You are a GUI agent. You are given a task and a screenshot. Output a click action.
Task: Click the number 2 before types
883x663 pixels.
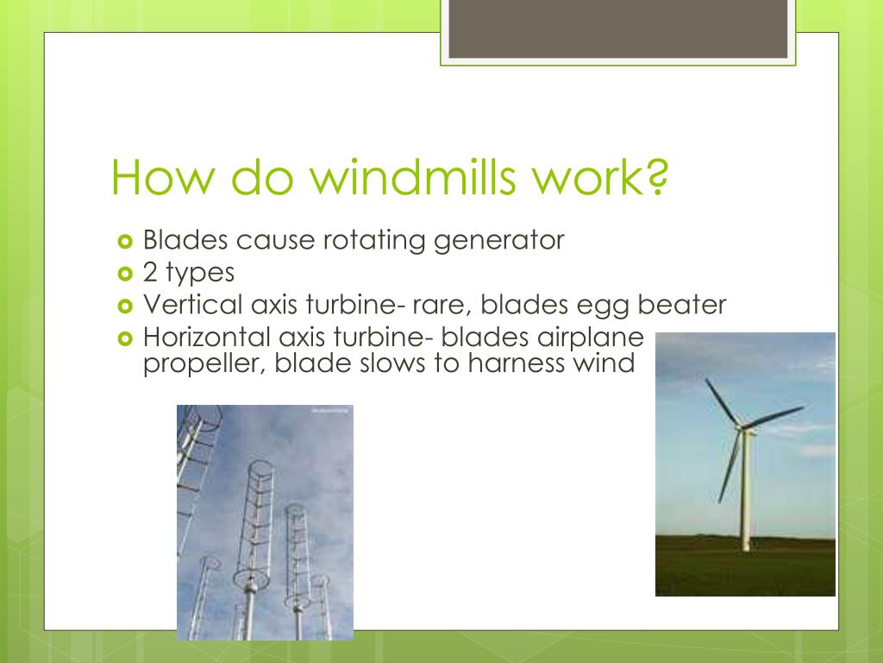click(x=151, y=273)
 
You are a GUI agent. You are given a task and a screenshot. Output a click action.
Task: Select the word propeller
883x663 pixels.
click(x=204, y=363)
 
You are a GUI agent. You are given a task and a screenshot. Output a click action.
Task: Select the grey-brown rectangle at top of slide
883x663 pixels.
click(x=618, y=28)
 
